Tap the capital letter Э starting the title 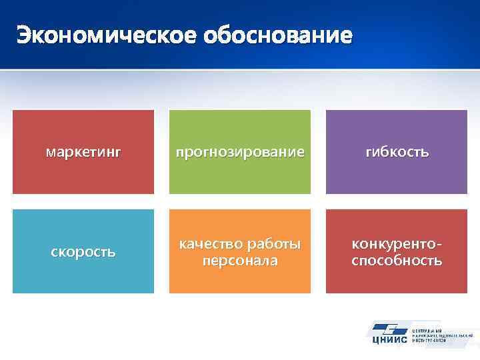coord(25,34)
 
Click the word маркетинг coord(83,153)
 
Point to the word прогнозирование coord(240,153)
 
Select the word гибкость coord(397,153)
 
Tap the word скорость coord(83,253)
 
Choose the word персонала coord(240,261)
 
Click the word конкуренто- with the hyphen coord(397,244)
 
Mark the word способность coord(397,261)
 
